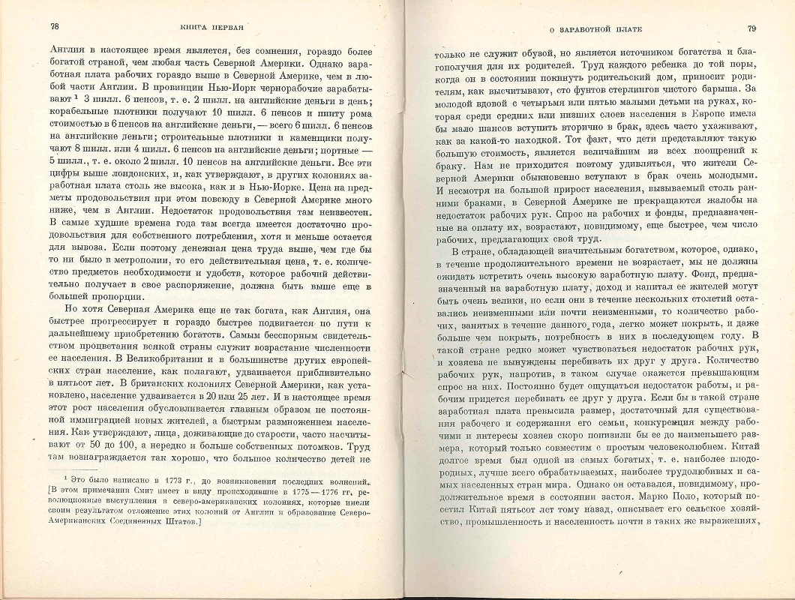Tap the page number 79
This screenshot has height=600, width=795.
tap(752, 29)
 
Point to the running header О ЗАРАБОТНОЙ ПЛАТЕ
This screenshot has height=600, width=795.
tap(598, 29)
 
